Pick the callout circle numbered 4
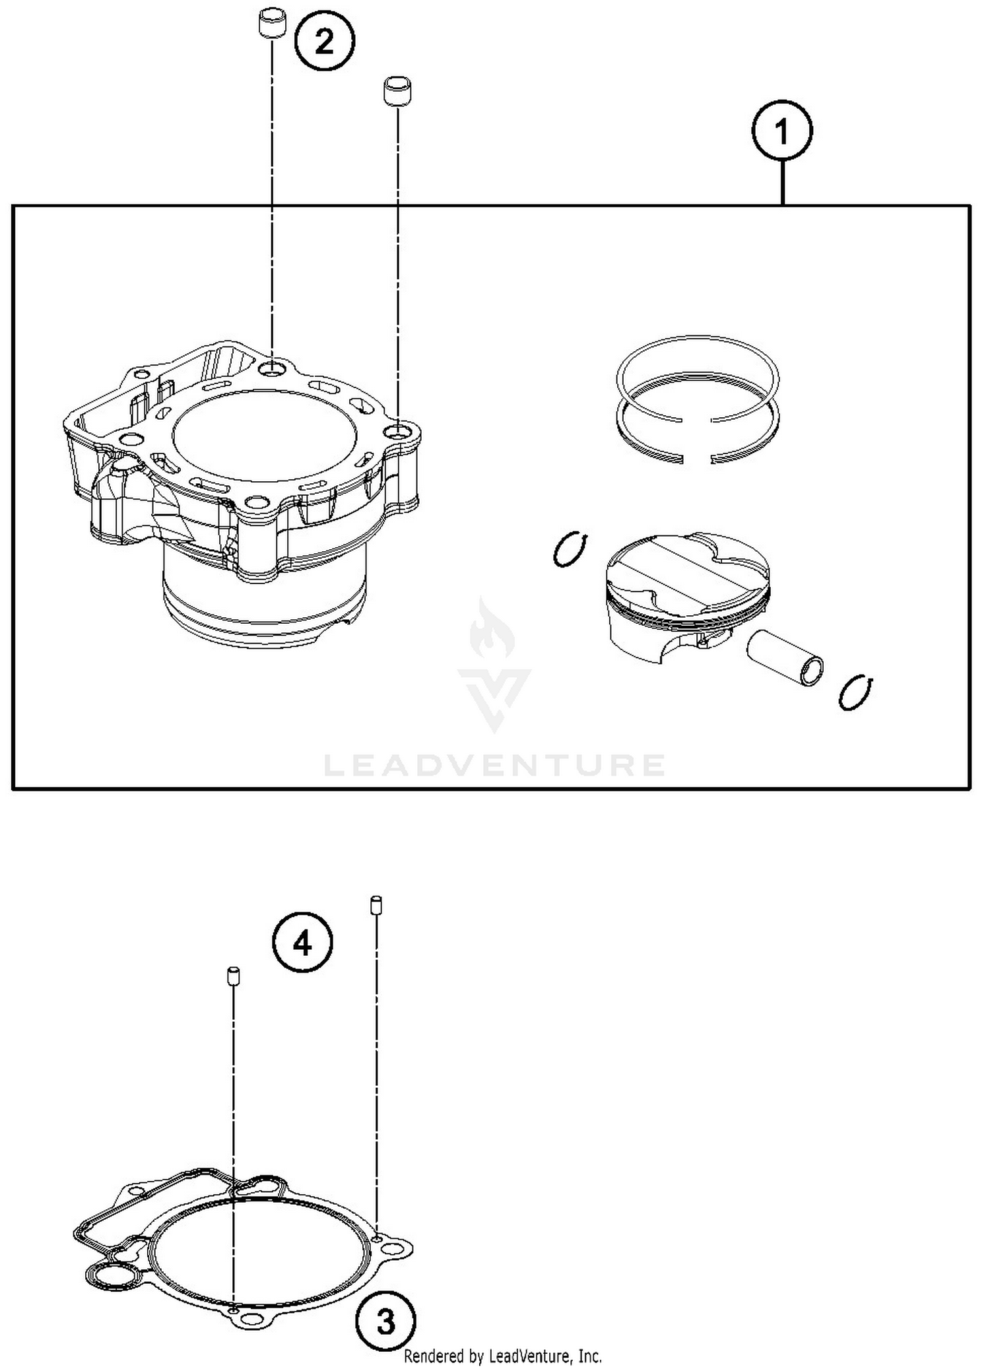pyautogui.click(x=302, y=943)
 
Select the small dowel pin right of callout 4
pyautogui.click(x=376, y=904)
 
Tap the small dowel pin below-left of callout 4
pyautogui.click(x=233, y=976)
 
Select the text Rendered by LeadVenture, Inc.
pyautogui.click(x=502, y=1356)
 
